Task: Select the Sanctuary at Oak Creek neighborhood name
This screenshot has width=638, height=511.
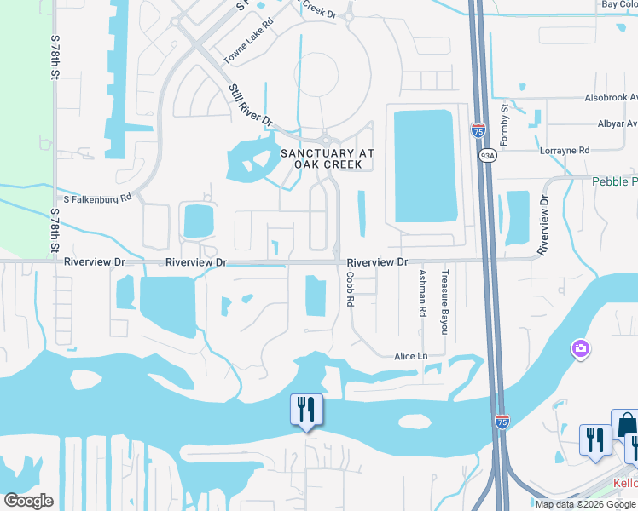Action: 328,158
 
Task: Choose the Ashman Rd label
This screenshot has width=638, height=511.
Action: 422,294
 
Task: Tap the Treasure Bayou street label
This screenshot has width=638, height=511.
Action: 444,301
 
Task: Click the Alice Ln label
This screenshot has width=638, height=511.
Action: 409,356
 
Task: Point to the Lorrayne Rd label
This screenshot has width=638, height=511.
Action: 565,151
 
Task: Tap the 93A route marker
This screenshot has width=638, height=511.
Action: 487,156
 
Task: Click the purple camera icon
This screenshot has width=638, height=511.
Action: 580,348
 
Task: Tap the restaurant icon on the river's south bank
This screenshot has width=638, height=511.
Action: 305,410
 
